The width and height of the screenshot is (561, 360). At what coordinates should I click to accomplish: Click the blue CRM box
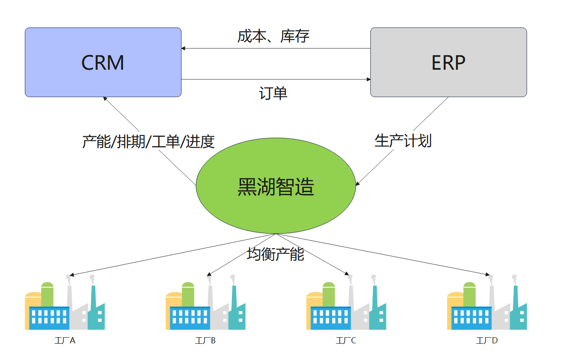coord(103,62)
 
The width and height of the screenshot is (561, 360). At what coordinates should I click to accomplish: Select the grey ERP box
coord(448,62)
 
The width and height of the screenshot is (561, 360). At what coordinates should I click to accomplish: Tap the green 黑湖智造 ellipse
coord(276,186)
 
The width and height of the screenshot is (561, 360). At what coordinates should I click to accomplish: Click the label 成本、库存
coord(273,36)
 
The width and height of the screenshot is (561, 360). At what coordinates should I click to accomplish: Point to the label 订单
coord(273,93)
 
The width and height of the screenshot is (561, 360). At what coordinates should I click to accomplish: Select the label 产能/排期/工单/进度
coord(148,142)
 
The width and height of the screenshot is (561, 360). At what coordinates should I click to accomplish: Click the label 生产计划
coord(403,140)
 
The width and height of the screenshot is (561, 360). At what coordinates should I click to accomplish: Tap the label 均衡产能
coord(275,254)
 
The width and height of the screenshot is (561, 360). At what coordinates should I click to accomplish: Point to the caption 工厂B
coord(205,341)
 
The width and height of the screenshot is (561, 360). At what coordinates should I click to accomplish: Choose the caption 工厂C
coord(346,341)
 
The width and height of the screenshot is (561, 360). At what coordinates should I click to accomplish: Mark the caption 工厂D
coord(486,341)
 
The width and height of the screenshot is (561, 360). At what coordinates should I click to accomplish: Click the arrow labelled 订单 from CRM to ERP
coord(276,79)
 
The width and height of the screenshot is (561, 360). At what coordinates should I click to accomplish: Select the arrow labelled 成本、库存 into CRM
coord(276,48)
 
